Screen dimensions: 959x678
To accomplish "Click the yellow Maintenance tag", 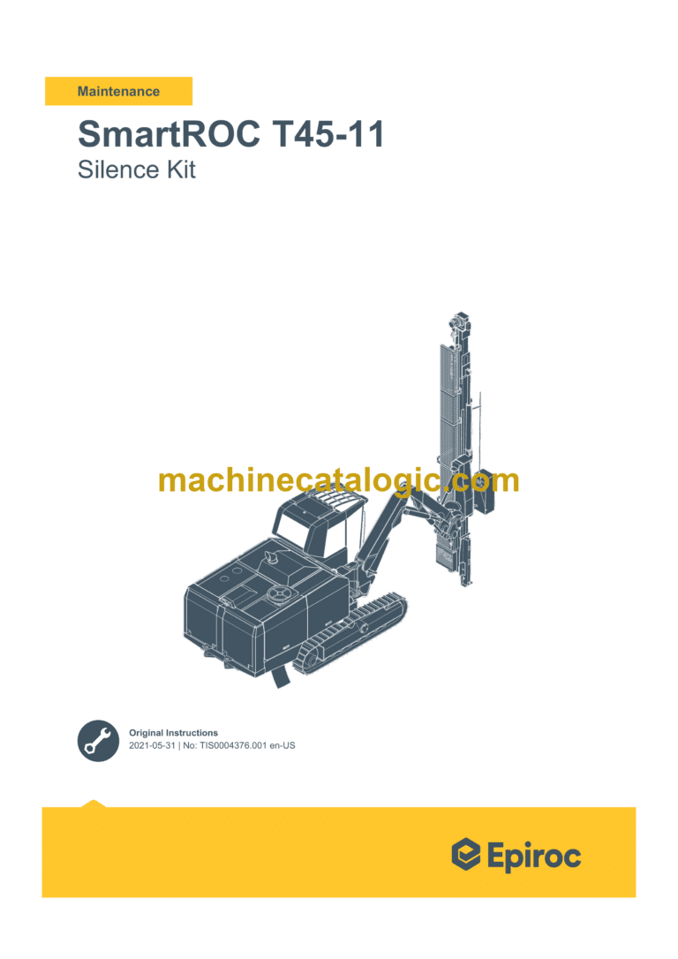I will click(118, 91).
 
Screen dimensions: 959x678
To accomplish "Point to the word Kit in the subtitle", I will click(178, 169).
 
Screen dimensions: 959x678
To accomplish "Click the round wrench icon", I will click(98, 740).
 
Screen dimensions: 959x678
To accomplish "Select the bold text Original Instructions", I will click(173, 733).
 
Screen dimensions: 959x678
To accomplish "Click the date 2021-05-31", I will click(154, 746).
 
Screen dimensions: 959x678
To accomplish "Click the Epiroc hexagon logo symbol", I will click(465, 855).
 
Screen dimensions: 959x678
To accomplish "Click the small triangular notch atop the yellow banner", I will click(93, 804).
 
